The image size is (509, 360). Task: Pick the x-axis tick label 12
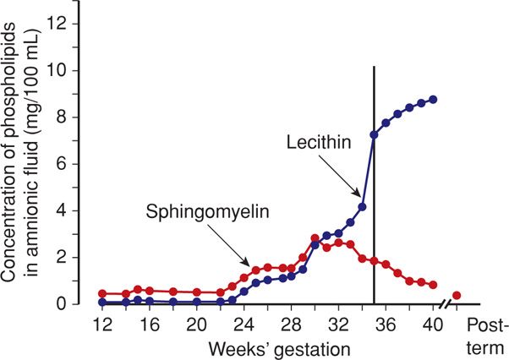click(101, 325)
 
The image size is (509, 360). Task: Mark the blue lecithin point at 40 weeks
click(434, 100)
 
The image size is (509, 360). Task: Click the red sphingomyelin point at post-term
click(457, 295)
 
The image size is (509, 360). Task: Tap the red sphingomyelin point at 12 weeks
click(102, 293)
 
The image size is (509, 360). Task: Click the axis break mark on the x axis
click(445, 303)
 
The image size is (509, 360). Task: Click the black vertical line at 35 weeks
click(374, 211)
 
